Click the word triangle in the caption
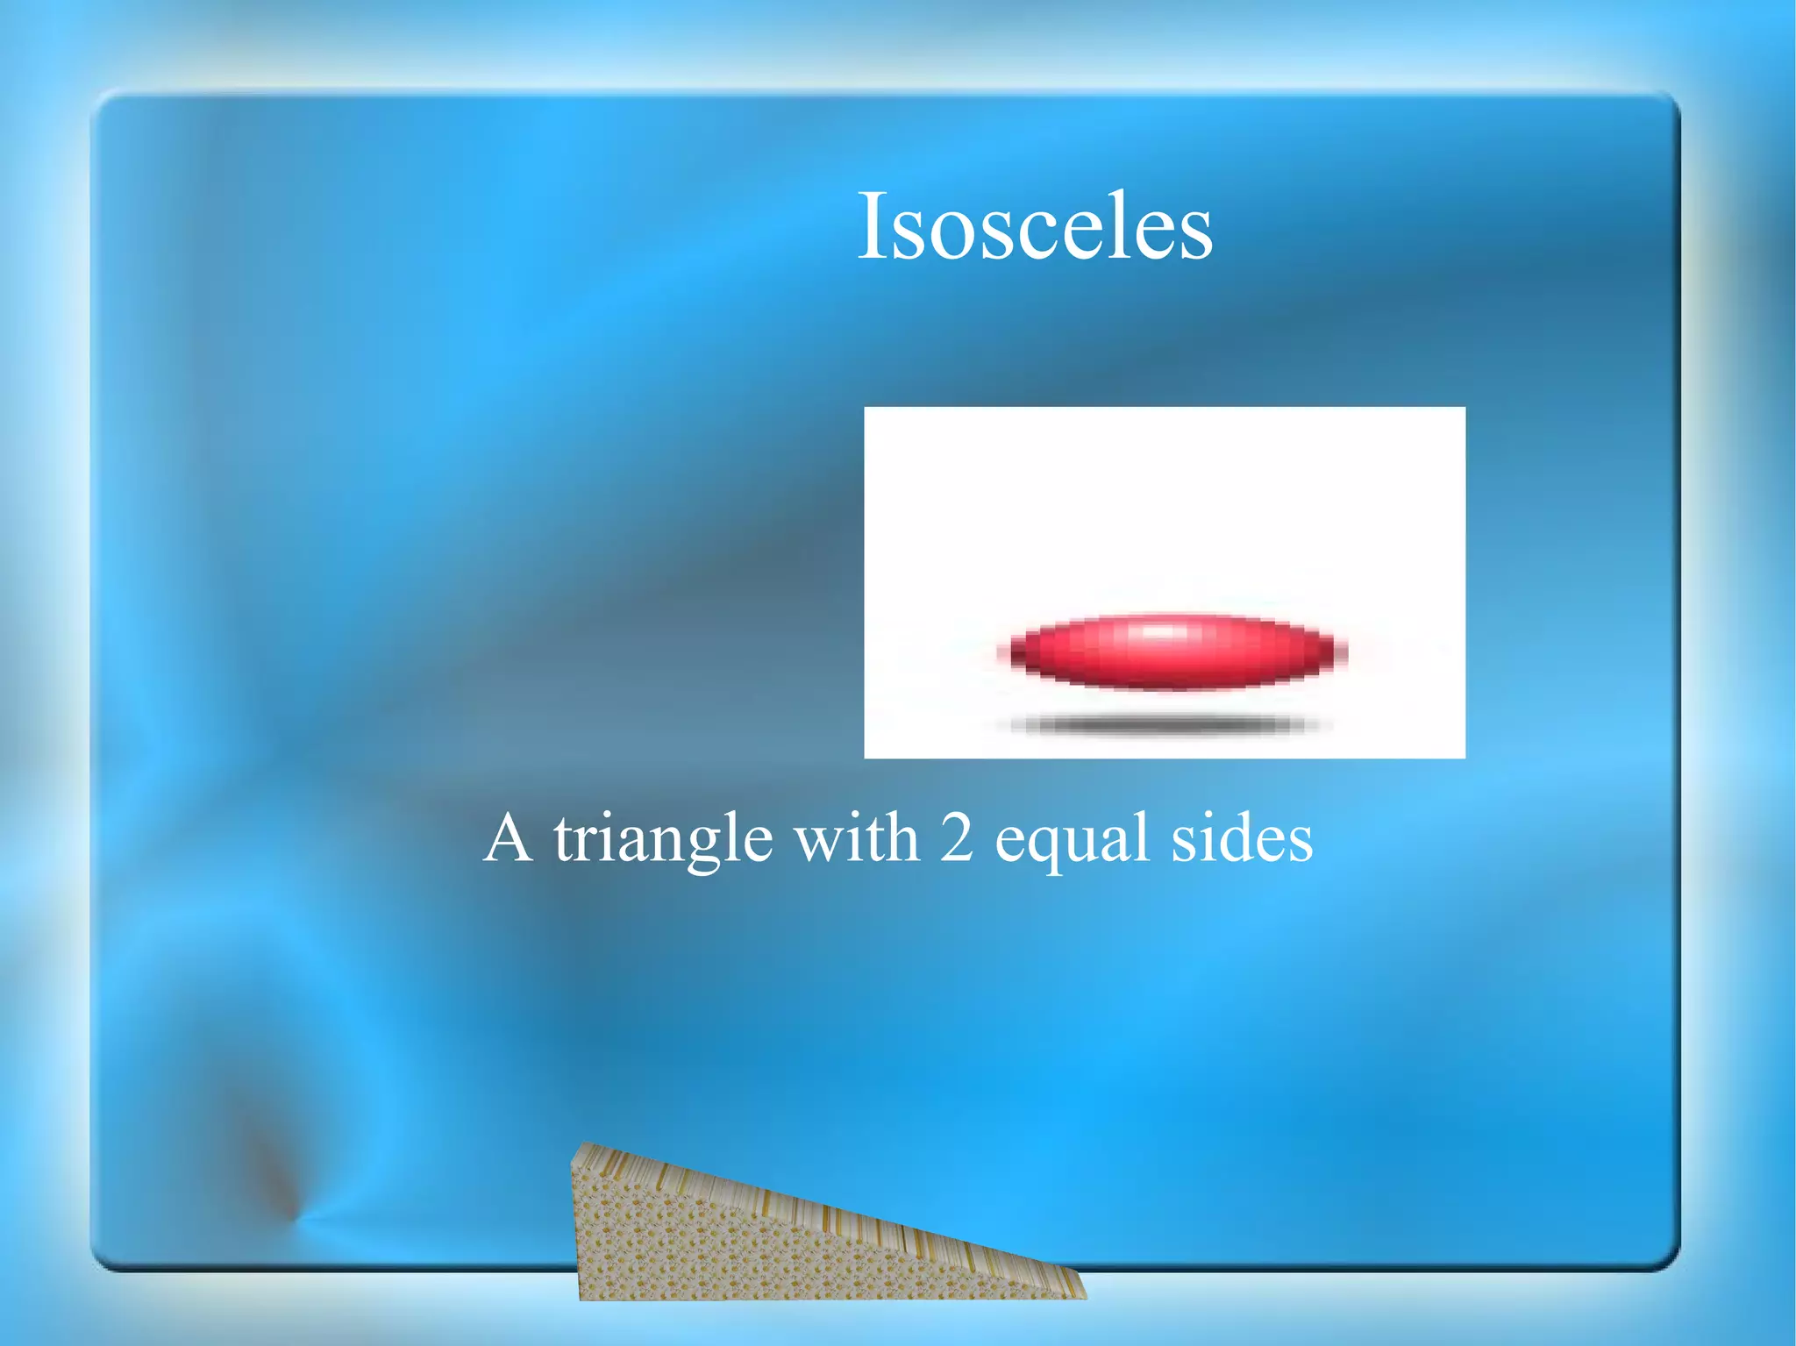pyautogui.click(x=663, y=840)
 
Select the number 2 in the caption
pyautogui.click(x=957, y=837)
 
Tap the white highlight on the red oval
pyautogui.click(x=1159, y=631)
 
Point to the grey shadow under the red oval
pyautogui.click(x=1162, y=724)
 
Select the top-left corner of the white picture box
pyautogui.click(x=866, y=409)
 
